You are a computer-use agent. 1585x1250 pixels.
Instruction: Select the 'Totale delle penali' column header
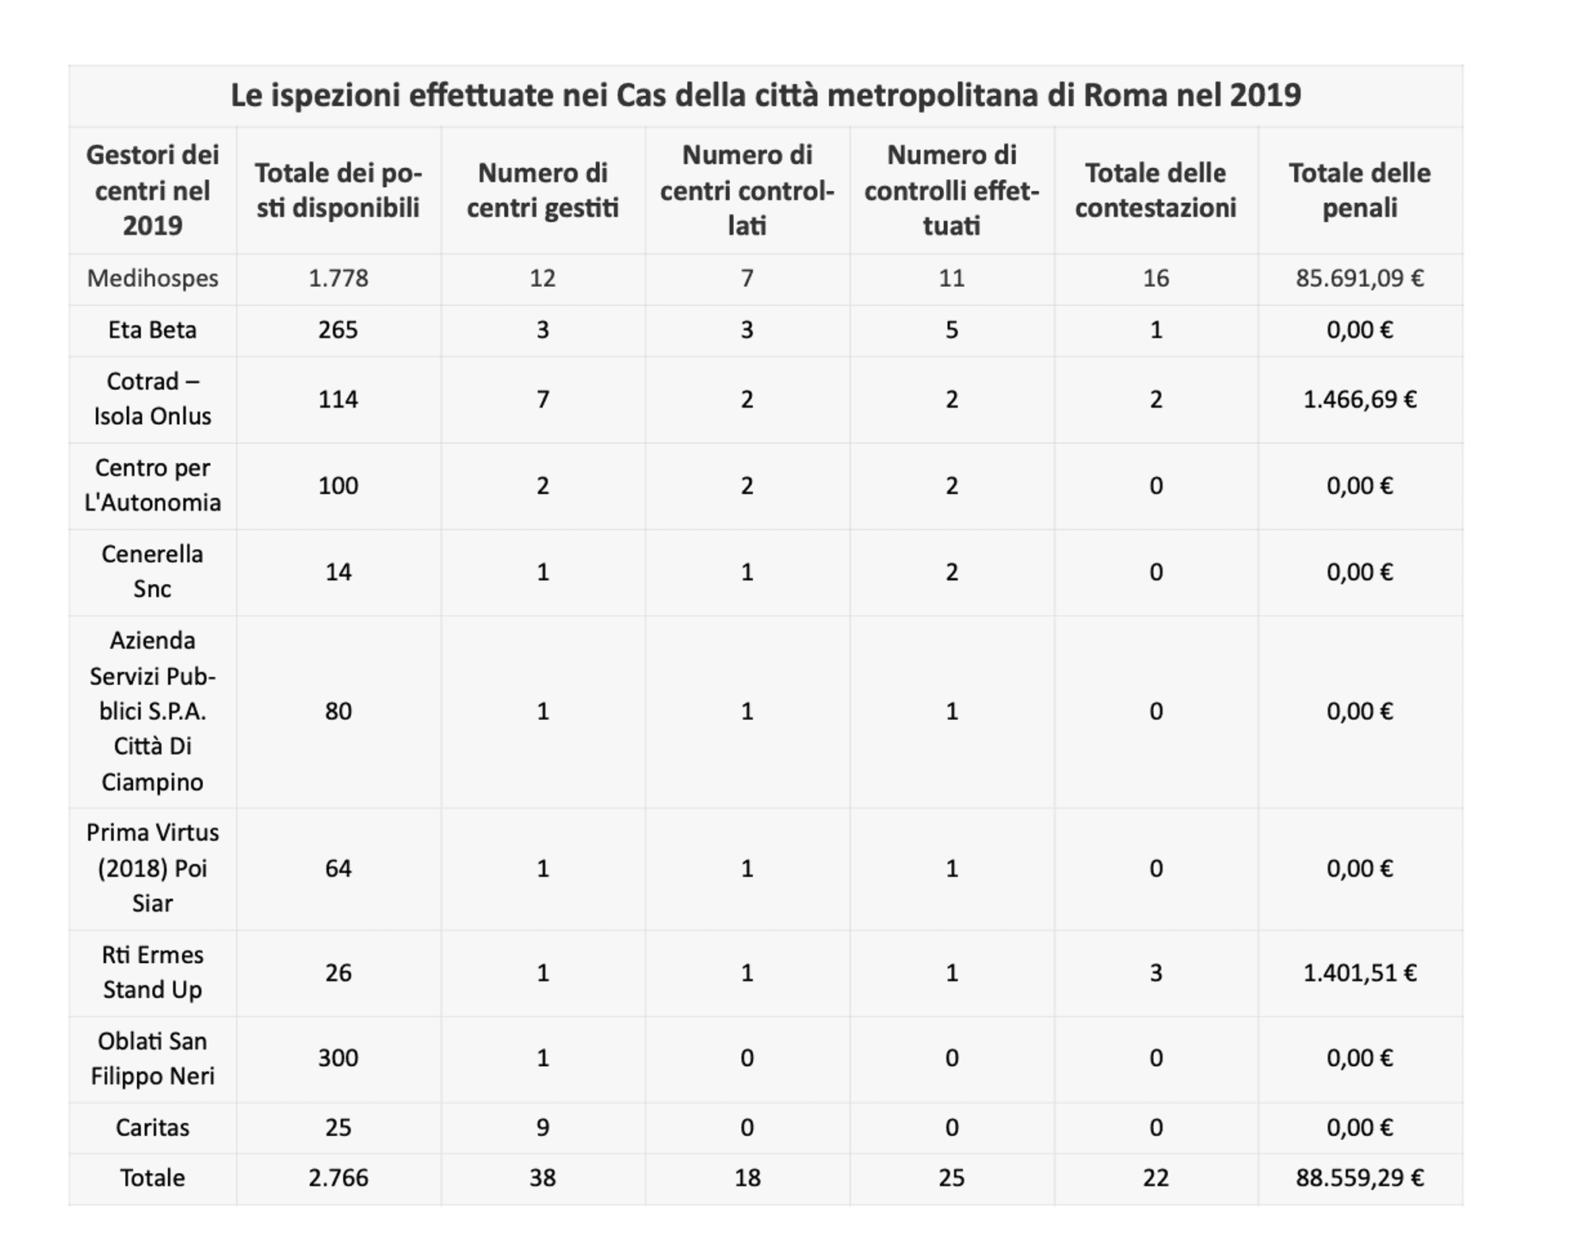pyautogui.click(x=1359, y=190)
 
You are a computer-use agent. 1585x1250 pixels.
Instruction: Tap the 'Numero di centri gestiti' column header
pyautogui.click(x=543, y=190)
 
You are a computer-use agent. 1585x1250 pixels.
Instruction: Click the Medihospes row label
pyautogui.click(x=153, y=278)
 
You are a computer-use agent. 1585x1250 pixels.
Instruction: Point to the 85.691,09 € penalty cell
pyautogui.click(x=1360, y=278)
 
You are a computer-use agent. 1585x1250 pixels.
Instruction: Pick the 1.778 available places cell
pyautogui.click(x=338, y=278)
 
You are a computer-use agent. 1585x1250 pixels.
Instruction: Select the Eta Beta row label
pyautogui.click(x=153, y=330)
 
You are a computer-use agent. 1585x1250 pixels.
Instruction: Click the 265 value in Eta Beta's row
pyautogui.click(x=338, y=330)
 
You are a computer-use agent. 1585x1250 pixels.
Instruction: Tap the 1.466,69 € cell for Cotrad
pyautogui.click(x=1360, y=399)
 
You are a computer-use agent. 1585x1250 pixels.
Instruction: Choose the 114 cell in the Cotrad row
pyautogui.click(x=338, y=399)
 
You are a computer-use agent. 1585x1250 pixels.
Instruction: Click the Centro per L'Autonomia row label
pyautogui.click(x=153, y=485)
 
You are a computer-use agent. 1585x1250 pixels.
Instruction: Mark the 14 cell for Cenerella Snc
pyautogui.click(x=338, y=572)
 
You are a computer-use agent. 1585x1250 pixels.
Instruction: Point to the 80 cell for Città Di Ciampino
pyautogui.click(x=338, y=711)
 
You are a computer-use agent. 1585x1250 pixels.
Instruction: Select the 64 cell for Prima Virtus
pyautogui.click(x=338, y=868)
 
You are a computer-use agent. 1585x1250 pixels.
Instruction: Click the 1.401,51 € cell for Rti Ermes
pyautogui.click(x=1360, y=973)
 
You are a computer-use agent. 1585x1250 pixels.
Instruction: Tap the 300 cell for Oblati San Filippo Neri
pyautogui.click(x=338, y=1058)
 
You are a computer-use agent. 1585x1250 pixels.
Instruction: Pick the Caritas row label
pyautogui.click(x=153, y=1128)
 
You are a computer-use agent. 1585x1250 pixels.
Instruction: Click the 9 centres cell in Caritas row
pyautogui.click(x=543, y=1128)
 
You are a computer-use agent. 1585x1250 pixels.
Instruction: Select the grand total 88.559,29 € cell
pyautogui.click(x=1360, y=1178)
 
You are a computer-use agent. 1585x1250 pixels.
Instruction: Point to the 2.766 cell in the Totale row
pyautogui.click(x=338, y=1178)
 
